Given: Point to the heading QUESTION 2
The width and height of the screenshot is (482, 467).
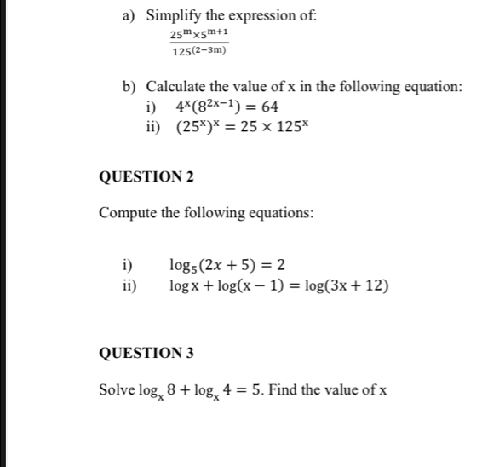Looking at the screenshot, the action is tap(146, 176).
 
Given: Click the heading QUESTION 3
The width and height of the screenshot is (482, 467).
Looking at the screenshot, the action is tap(146, 352).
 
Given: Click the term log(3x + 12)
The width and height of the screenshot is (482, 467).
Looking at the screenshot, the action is tap(348, 285).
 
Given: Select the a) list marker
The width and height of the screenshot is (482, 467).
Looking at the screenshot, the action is tap(129, 15).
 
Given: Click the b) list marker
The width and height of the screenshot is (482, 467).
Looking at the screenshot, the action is tap(129, 87).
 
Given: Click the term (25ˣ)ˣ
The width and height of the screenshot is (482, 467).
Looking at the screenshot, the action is tap(198, 129).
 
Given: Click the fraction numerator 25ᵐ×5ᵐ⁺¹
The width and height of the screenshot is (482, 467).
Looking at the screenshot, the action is tap(198, 33).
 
